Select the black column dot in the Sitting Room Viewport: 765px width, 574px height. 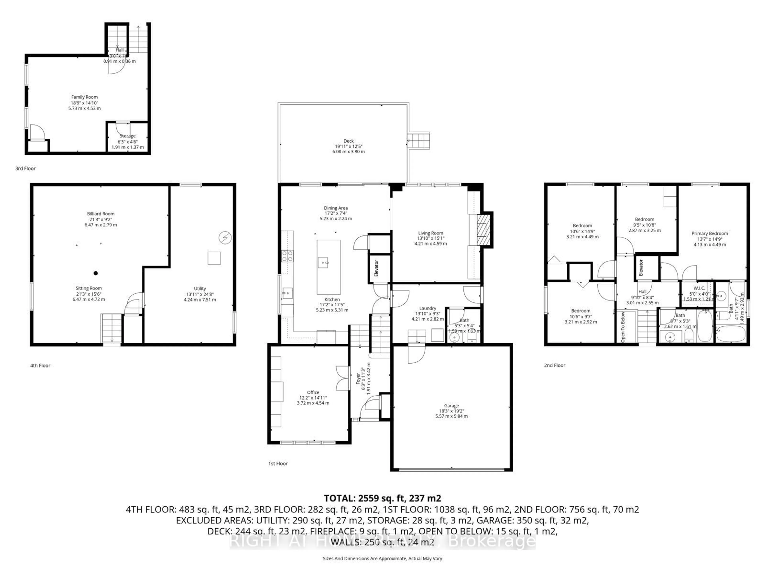click(x=96, y=273)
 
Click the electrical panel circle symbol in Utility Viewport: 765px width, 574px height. click(x=225, y=238)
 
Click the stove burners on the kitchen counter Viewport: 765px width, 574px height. click(x=287, y=256)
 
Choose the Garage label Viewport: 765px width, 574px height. click(x=451, y=406)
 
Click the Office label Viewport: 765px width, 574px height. click(x=313, y=392)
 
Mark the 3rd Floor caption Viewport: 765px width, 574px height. click(x=25, y=168)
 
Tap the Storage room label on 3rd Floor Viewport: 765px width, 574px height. click(x=128, y=136)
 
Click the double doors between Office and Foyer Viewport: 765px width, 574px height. click(x=343, y=378)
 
